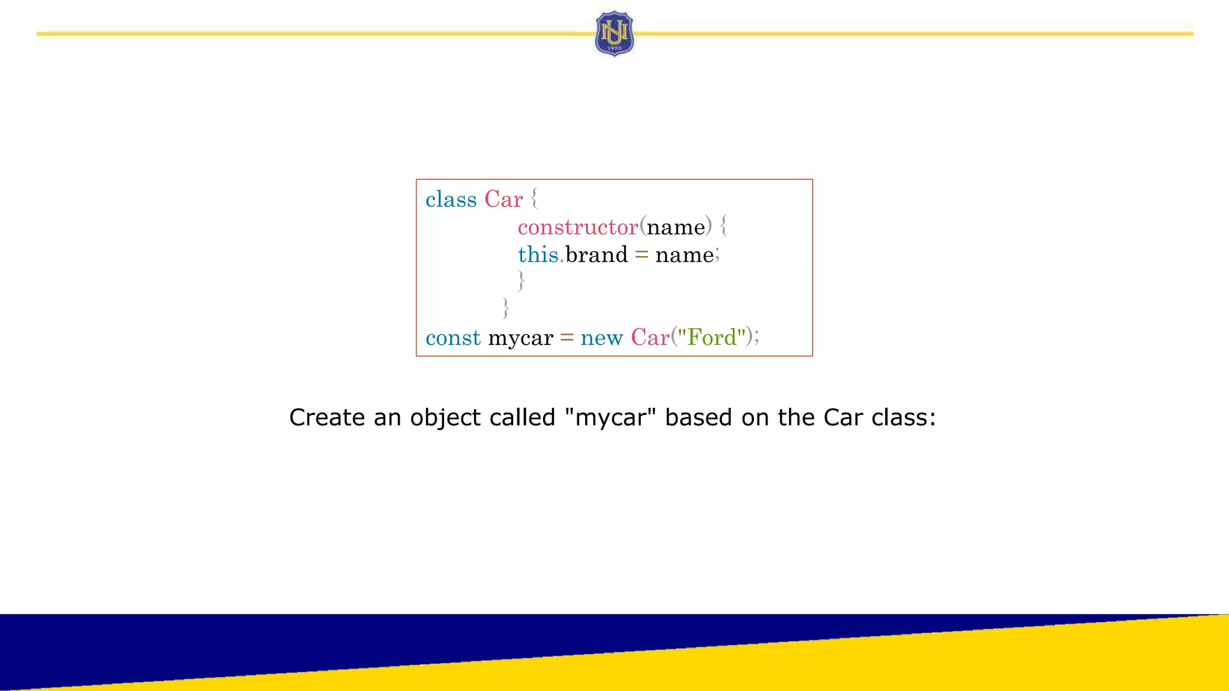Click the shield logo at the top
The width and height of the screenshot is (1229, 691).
pos(614,34)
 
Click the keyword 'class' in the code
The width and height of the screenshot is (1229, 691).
pos(451,200)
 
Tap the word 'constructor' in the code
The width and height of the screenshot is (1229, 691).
pos(577,227)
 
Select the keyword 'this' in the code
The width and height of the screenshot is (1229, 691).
pos(538,255)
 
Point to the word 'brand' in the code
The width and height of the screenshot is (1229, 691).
pos(596,255)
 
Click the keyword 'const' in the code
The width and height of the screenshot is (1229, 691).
pos(453,338)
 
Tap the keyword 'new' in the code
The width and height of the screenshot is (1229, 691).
pos(601,338)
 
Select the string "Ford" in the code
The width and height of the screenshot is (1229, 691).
pos(712,337)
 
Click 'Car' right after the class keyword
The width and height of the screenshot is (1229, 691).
pos(503,200)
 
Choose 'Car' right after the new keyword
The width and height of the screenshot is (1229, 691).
pos(650,338)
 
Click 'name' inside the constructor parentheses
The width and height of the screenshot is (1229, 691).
pos(676,227)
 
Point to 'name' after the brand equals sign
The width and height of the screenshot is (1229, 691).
pos(684,256)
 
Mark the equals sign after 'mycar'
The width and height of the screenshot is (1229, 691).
pos(566,338)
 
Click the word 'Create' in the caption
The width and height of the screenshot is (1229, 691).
pos(326,417)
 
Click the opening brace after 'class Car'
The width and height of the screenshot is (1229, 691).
pos(534,199)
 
